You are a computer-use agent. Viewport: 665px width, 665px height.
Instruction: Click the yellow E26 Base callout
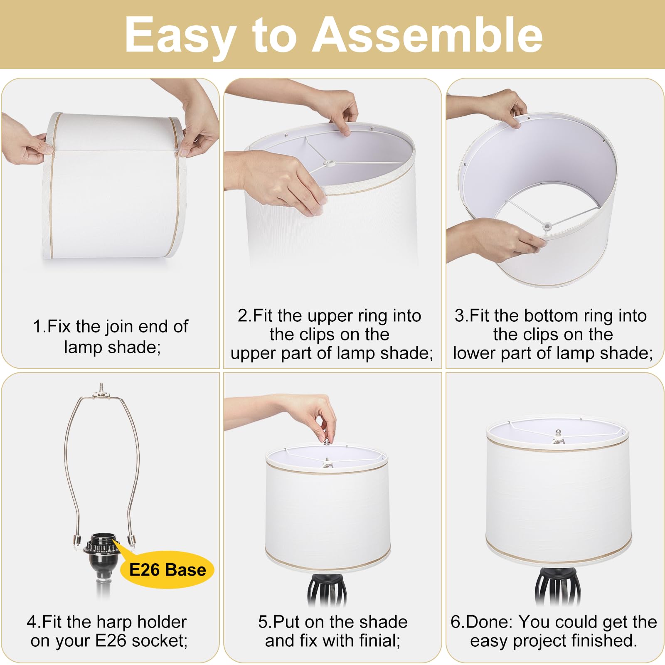[x=167, y=569]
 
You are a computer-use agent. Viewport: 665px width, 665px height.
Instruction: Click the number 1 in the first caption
[x=37, y=327]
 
